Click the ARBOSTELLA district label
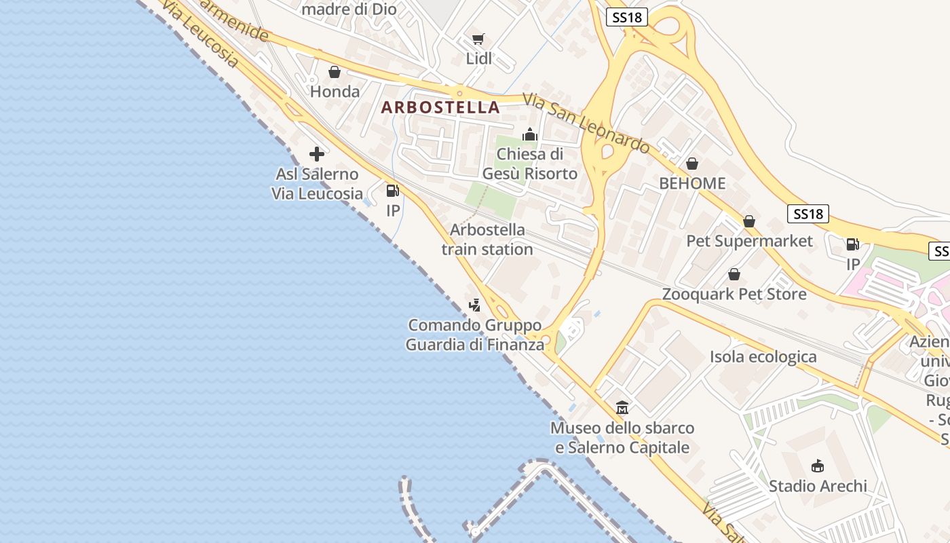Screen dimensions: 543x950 tap(440, 107)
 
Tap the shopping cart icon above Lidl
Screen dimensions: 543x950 tap(478, 39)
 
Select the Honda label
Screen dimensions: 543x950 tap(335, 91)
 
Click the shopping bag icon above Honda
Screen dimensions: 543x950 tap(335, 72)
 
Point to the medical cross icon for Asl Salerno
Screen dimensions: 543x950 tap(316, 154)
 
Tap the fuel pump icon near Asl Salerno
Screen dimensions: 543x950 tap(392, 191)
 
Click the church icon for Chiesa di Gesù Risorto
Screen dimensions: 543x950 tap(530, 134)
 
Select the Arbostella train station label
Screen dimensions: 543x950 tap(487, 240)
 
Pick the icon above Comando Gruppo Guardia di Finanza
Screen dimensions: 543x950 tap(475, 305)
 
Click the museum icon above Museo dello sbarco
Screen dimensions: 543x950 tap(622, 408)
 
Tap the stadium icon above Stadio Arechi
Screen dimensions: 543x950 tap(818, 466)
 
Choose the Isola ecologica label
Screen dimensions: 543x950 tap(763, 357)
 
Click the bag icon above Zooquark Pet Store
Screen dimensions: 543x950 tap(734, 274)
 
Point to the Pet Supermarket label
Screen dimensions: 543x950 tap(749, 241)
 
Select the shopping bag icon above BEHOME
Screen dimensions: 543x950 tap(692, 164)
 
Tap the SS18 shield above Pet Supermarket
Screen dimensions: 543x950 tap(808, 214)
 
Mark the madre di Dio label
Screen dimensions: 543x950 tap(349, 9)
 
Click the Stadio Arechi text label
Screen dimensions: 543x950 tap(818, 486)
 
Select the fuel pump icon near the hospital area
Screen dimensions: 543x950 tap(852, 244)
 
